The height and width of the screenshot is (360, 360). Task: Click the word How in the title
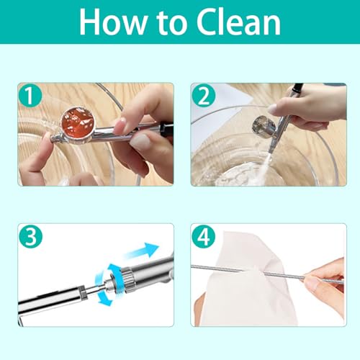(x=113, y=22)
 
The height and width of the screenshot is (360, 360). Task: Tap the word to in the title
(x=172, y=23)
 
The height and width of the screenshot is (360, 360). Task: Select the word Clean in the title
(x=238, y=22)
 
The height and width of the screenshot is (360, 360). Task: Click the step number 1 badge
(x=30, y=96)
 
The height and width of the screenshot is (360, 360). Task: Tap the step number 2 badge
(x=204, y=96)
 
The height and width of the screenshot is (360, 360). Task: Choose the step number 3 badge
(x=30, y=236)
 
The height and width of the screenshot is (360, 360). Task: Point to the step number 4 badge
(x=204, y=236)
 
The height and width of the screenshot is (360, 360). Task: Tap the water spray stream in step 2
(x=261, y=167)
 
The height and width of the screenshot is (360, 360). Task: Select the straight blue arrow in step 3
(x=141, y=251)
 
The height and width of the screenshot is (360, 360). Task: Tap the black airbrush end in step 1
(x=167, y=130)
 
